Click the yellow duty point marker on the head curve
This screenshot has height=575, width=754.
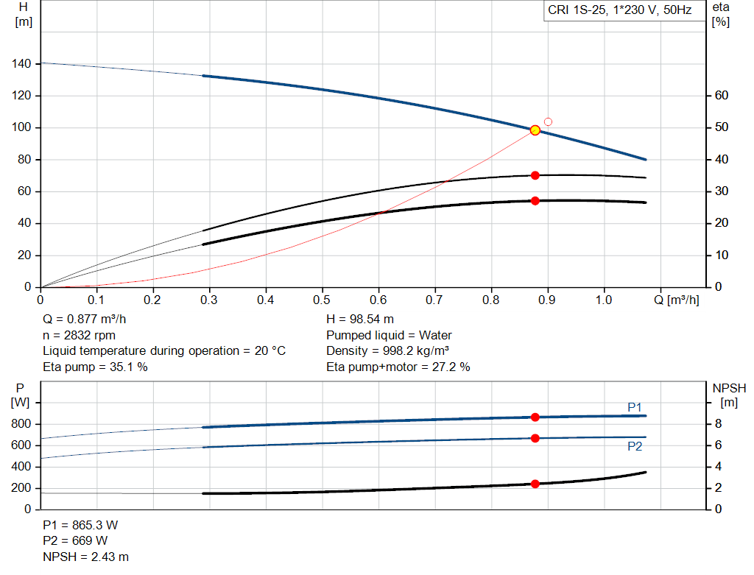(x=535, y=130)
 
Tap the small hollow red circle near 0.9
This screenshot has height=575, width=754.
(x=548, y=121)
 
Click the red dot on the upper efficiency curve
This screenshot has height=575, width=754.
(x=535, y=175)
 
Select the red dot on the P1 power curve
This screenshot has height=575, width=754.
(x=535, y=417)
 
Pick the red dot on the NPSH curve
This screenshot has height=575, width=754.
(x=535, y=484)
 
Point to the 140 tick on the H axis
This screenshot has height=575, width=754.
(x=22, y=64)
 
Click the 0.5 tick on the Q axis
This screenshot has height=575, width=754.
(x=322, y=300)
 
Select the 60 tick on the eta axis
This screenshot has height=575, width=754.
(x=721, y=96)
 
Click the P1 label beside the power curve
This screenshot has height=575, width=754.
(x=635, y=407)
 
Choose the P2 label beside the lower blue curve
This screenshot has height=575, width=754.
(x=635, y=446)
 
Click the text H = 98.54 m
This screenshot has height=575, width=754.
(x=360, y=320)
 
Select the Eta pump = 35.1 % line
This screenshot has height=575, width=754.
(x=96, y=367)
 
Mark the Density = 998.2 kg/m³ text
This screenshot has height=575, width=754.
(x=388, y=351)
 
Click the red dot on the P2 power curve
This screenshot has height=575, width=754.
(x=535, y=438)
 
